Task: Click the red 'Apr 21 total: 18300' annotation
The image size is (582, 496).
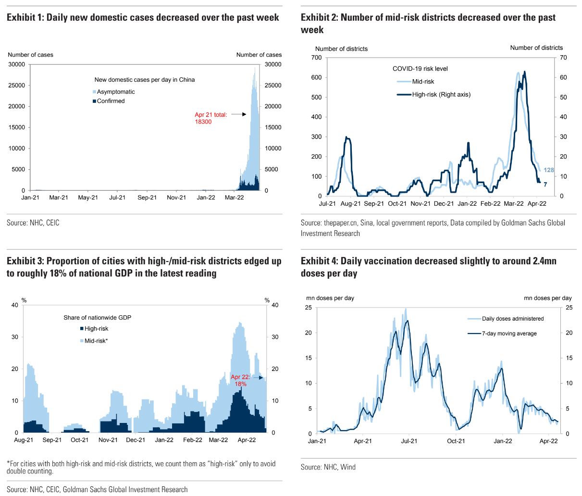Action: tap(211, 118)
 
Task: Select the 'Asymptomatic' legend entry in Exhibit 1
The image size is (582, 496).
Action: tap(115, 92)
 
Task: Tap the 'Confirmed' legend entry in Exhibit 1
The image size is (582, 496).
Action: tap(111, 101)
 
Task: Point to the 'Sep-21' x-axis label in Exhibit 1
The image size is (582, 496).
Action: tap(147, 198)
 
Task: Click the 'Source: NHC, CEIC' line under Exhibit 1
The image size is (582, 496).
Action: tap(33, 223)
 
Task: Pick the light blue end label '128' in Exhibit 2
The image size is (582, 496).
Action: tap(549, 170)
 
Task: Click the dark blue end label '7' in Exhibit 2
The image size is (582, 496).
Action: tap(545, 184)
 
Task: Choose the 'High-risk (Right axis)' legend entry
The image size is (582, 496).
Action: tap(441, 94)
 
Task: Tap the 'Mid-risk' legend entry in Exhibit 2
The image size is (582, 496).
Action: tap(423, 82)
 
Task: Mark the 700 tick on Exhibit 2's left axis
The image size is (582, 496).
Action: tap(316, 58)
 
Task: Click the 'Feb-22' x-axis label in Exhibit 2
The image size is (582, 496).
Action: tap(490, 204)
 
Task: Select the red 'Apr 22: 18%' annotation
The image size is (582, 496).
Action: tap(240, 381)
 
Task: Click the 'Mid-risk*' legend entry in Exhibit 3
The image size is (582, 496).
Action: tap(96, 341)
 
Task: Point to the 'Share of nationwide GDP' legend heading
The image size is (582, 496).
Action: tap(97, 318)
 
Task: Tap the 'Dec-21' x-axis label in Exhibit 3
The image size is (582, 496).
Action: tap(136, 440)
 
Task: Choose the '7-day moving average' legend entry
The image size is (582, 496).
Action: tap(509, 334)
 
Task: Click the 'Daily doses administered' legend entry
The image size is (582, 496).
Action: tap(513, 319)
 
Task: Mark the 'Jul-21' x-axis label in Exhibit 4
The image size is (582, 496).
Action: tap(409, 441)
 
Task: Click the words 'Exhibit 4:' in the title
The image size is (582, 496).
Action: tap(319, 261)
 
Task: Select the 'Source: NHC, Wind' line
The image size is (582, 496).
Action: tap(328, 467)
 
